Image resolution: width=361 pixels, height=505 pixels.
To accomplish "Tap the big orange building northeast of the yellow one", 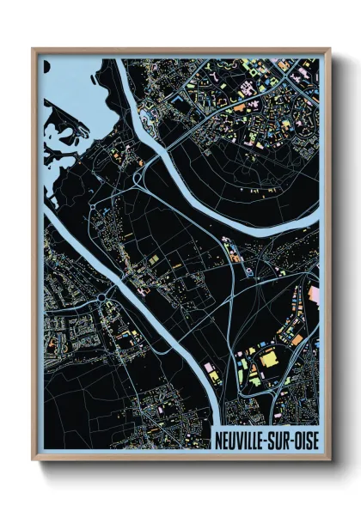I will pos(296,339).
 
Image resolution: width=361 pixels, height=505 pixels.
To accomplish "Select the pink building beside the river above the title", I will pos(209,368).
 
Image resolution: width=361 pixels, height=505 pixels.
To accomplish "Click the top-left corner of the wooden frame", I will pos(34,49).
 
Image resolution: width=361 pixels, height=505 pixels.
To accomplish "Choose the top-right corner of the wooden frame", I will pos(329,49).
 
